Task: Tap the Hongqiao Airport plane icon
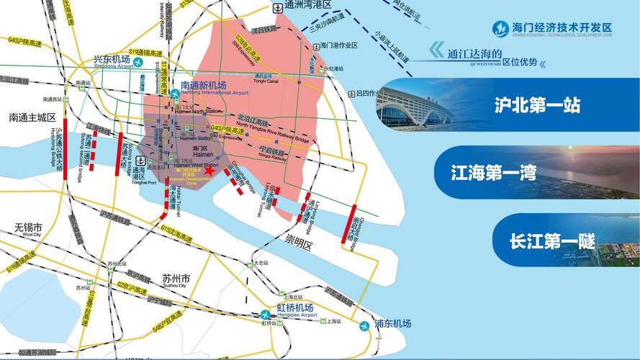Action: (266, 314)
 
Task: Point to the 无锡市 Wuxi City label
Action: (28, 229)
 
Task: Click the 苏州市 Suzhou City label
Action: (176, 279)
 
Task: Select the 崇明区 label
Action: (300, 245)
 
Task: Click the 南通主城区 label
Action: (32, 117)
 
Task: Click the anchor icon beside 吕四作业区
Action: (350, 93)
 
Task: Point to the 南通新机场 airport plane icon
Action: (175, 94)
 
